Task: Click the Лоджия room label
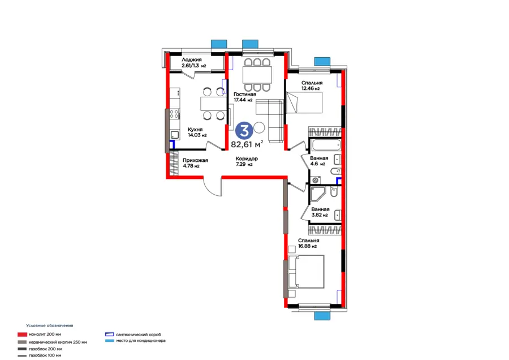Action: point(192,60)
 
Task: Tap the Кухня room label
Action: point(195,129)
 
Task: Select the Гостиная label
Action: point(245,94)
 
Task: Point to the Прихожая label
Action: point(195,160)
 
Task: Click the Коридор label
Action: point(247,158)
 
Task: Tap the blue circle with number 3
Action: point(244,131)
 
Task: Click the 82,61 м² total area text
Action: point(247,144)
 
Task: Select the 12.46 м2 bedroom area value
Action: point(310,88)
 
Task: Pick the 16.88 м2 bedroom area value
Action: point(308,246)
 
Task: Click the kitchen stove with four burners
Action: point(174,114)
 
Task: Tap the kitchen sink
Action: point(175,135)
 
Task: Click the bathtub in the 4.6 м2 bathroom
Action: point(325,145)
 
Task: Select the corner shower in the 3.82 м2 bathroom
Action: point(318,194)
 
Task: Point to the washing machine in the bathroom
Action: point(315,180)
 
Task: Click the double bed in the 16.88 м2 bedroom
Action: point(306,272)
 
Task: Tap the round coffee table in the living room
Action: point(258,127)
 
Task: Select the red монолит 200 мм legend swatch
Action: point(22,335)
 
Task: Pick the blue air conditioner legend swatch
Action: point(109,341)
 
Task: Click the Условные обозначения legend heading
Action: point(50,325)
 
